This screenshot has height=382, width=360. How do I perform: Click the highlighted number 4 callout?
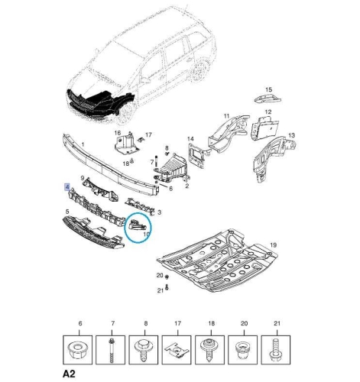click(67, 187)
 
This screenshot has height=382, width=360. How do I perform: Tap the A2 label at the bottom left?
click(69, 374)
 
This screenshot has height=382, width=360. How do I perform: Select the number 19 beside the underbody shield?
click(273, 245)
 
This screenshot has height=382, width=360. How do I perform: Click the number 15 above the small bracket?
click(269, 89)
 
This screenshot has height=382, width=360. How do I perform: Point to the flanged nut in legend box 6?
click(77, 350)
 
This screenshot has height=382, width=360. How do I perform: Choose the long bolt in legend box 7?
click(112, 351)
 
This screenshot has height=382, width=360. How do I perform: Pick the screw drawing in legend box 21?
click(274, 350)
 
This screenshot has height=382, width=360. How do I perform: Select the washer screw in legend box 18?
click(209, 349)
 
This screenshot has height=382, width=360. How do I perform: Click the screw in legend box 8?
click(144, 349)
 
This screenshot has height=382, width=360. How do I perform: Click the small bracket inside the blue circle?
click(137, 225)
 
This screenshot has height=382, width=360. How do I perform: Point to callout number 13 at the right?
click(291, 135)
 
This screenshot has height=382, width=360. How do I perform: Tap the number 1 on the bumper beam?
click(83, 144)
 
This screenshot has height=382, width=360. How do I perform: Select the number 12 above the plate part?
click(268, 112)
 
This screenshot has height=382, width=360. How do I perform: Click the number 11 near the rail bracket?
click(226, 116)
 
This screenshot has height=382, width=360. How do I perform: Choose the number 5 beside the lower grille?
click(67, 212)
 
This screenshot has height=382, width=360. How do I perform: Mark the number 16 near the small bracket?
click(118, 133)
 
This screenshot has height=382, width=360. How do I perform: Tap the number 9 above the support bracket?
click(83, 178)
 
